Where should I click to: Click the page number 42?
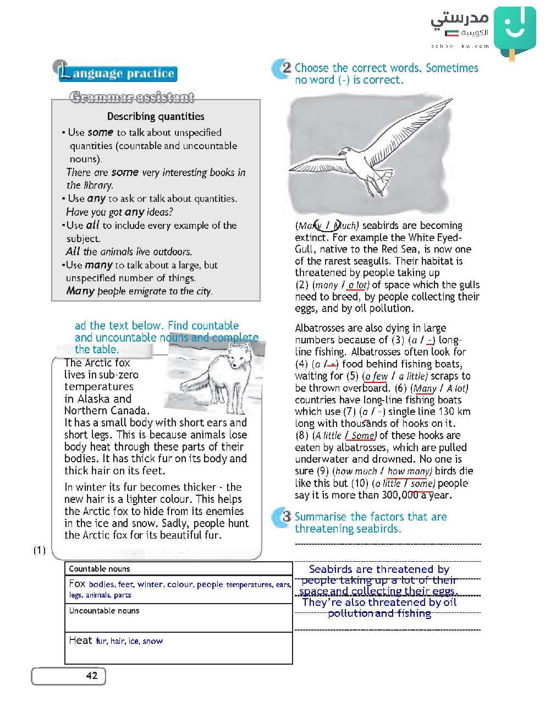click(x=92, y=676)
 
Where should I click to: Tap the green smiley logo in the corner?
click(x=514, y=30)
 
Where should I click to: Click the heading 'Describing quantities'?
click(x=156, y=117)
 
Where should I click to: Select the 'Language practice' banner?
click(x=118, y=73)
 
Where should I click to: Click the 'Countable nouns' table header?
click(x=100, y=569)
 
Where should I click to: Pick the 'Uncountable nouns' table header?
click(x=104, y=611)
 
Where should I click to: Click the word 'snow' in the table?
click(x=152, y=641)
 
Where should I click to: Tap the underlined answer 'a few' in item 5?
click(x=376, y=376)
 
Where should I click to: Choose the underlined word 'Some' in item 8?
click(x=363, y=436)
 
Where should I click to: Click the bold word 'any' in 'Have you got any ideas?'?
click(x=134, y=212)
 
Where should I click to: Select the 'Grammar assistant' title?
click(x=132, y=97)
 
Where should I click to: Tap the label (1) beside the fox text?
click(x=40, y=550)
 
